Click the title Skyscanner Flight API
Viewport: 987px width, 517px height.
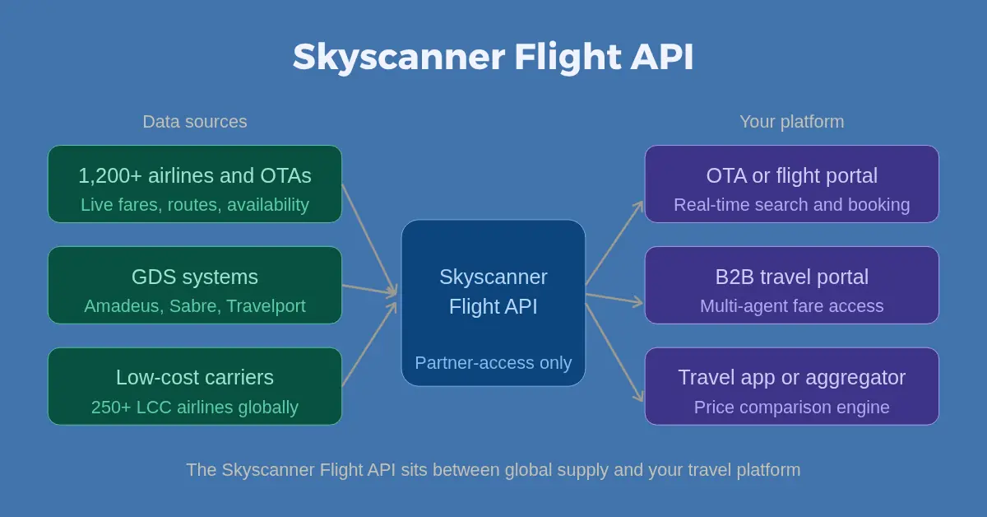click(x=493, y=58)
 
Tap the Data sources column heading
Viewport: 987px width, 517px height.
click(x=195, y=122)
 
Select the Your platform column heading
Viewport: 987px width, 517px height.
click(x=791, y=122)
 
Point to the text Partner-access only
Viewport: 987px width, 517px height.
click(x=493, y=363)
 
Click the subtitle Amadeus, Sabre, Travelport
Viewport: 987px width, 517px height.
click(x=195, y=306)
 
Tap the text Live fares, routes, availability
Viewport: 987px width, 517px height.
click(x=195, y=205)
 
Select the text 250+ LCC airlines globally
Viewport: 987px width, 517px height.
click(x=195, y=408)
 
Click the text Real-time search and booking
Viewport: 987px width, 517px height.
click(x=791, y=205)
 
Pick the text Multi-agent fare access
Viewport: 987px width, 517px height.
click(x=791, y=306)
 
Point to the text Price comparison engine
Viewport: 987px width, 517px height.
click(x=791, y=408)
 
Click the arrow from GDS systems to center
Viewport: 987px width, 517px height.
click(x=369, y=289)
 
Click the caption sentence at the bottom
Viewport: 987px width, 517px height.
click(x=493, y=470)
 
